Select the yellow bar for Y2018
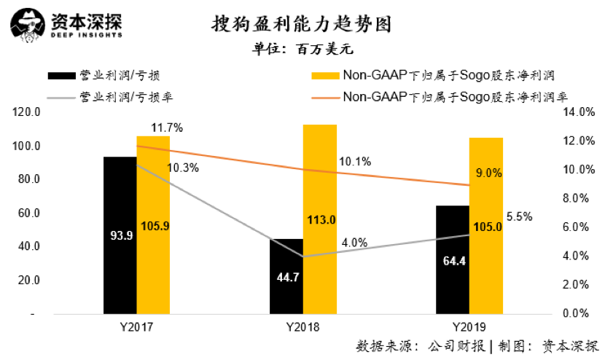coord(319,219)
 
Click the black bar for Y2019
coord(453,259)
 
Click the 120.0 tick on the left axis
coord(26,112)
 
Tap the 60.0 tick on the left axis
coord(28,213)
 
